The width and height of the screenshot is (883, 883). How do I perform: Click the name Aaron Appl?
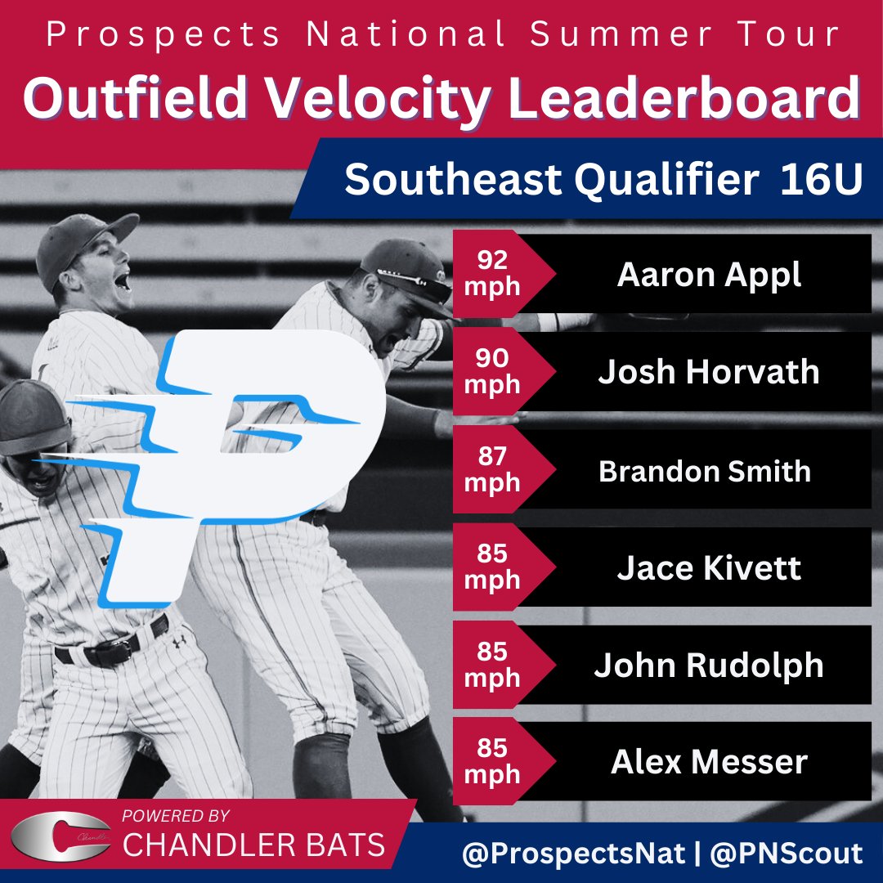709,276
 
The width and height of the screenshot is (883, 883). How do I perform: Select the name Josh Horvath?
709,372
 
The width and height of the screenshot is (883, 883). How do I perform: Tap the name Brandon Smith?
705,471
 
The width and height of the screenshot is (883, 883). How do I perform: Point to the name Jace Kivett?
709,567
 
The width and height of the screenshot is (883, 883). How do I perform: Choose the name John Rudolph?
709,666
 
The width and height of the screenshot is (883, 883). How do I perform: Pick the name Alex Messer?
709,762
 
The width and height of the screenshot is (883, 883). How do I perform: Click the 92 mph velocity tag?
492,274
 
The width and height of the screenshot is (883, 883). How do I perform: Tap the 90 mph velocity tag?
492,371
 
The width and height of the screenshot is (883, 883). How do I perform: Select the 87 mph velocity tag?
492,469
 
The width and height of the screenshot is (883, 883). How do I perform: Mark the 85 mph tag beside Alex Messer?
492,761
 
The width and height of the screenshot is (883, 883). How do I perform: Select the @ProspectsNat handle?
572,854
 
